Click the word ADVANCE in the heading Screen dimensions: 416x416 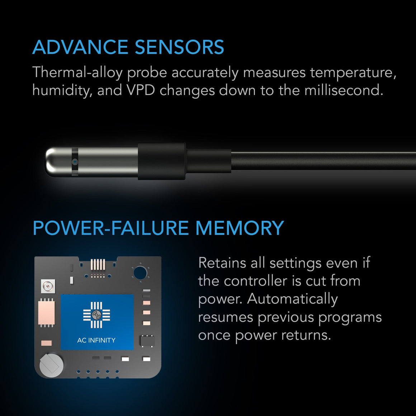(x=80, y=47)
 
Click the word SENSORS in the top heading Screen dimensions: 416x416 (x=179, y=47)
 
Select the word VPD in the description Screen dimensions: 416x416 (x=140, y=90)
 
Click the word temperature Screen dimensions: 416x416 (x=353, y=73)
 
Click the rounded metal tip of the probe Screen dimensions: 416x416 (x=54, y=162)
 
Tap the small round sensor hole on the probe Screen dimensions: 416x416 (x=75, y=162)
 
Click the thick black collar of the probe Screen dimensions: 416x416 (x=161, y=161)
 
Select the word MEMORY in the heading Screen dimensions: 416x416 (x=239, y=228)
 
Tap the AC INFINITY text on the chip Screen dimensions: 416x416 (x=96, y=340)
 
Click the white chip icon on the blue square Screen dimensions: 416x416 (x=96, y=315)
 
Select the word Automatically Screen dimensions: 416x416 (x=292, y=299)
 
